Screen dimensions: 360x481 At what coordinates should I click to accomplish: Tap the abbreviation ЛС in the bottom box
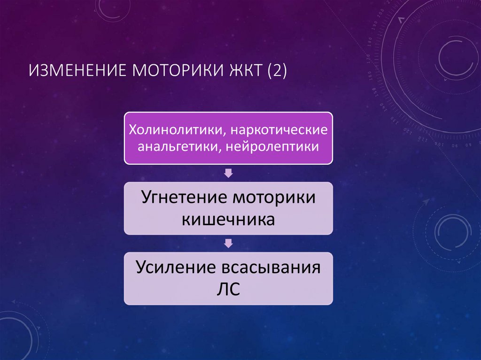(x=228, y=289)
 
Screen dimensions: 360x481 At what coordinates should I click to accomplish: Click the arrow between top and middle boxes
(x=228, y=173)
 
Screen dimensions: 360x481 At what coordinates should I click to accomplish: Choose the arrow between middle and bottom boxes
(x=228, y=243)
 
